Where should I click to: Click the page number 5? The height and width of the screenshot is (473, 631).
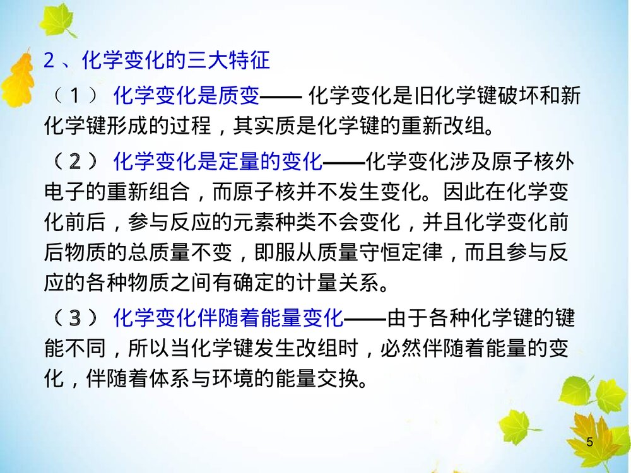point(590,442)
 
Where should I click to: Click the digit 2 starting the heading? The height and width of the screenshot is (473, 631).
point(49,61)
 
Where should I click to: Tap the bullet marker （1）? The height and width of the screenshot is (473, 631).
point(75,96)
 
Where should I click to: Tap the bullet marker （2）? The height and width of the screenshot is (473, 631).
point(75,162)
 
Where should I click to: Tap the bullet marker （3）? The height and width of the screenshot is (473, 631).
point(75,318)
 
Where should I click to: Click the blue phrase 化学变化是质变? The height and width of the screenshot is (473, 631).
point(187,96)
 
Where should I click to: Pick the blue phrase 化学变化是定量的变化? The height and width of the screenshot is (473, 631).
point(218,162)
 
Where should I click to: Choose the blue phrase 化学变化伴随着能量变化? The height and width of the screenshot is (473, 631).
point(228,318)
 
